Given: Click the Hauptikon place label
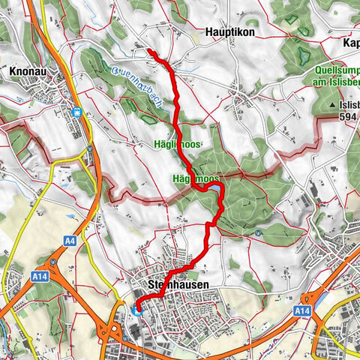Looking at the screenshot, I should tap(229, 33).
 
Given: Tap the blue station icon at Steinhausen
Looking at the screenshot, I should tap(136, 310).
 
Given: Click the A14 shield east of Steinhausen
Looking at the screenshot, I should tap(302, 310).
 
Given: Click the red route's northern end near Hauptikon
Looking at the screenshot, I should tap(148, 51).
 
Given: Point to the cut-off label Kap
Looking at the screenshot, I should tap(349, 43).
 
